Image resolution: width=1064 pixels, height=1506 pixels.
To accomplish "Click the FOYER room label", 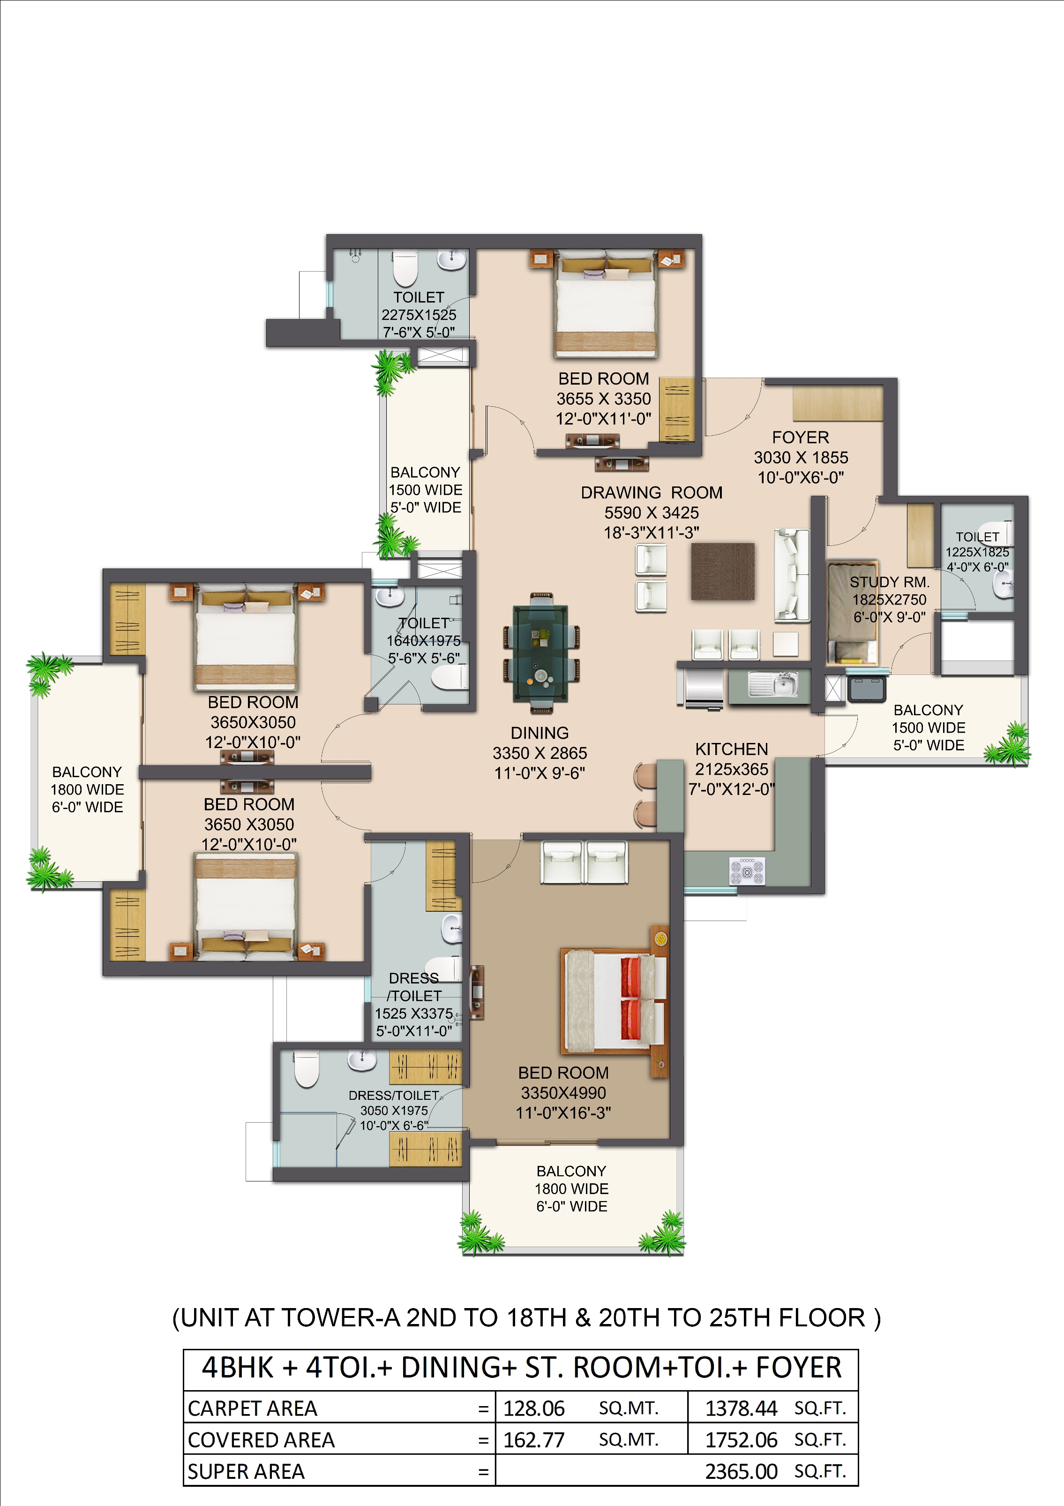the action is tap(801, 438).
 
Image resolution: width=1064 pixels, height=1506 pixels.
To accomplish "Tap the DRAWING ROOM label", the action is tap(652, 492).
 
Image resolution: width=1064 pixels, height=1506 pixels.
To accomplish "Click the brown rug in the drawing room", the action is tap(722, 571).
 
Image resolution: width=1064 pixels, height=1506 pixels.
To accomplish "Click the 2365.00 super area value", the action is tap(742, 1471).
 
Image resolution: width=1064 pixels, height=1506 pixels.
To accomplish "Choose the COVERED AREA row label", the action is tap(261, 1440).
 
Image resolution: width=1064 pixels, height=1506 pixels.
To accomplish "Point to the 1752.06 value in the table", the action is tap(742, 1440).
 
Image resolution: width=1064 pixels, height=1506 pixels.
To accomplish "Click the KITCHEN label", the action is tap(732, 749).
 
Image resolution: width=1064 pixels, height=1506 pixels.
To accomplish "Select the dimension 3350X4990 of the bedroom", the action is tap(563, 1093).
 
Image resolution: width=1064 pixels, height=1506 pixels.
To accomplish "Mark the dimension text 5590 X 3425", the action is tap(652, 513).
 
